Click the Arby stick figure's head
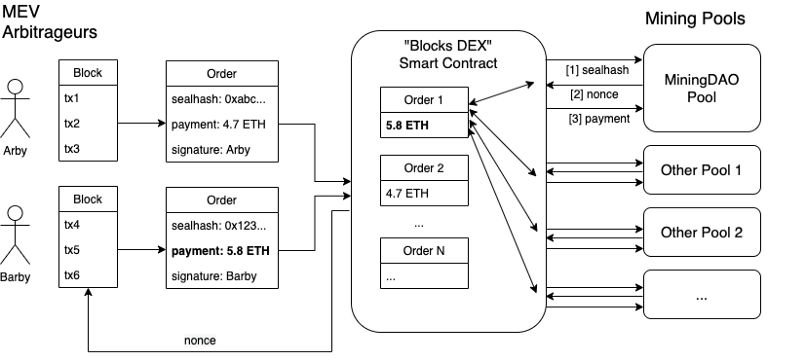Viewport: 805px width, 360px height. pyautogui.click(x=16, y=87)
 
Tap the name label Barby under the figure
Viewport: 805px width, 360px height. pyautogui.click(x=15, y=277)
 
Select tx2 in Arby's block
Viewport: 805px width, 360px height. pyautogui.click(x=72, y=123)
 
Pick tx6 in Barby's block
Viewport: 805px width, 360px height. pyautogui.click(x=72, y=275)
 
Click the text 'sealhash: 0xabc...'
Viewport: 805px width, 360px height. pyautogui.click(x=219, y=100)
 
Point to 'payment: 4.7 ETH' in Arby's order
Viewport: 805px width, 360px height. pyautogui.click(x=219, y=124)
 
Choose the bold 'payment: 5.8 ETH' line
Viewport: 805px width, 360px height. pyautogui.click(x=221, y=251)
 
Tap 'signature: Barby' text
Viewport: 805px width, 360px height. pyautogui.click(x=214, y=276)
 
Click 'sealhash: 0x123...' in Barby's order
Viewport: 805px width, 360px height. pyautogui.click(x=218, y=226)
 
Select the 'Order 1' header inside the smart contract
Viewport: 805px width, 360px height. pyautogui.click(x=424, y=100)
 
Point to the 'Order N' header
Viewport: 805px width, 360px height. pyautogui.click(x=424, y=251)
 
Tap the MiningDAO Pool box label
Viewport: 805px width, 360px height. pyautogui.click(x=701, y=88)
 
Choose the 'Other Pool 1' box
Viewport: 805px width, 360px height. pyautogui.click(x=702, y=170)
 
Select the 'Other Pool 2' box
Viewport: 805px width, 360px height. pyautogui.click(x=702, y=232)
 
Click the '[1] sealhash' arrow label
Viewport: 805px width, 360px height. pyautogui.click(x=597, y=70)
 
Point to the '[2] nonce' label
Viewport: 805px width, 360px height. pyautogui.click(x=594, y=94)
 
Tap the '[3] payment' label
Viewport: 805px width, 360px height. pyautogui.click(x=599, y=119)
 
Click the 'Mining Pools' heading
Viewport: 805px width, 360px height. pyautogui.click(x=695, y=19)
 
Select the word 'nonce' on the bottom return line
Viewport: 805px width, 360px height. pyautogui.click(x=200, y=340)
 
